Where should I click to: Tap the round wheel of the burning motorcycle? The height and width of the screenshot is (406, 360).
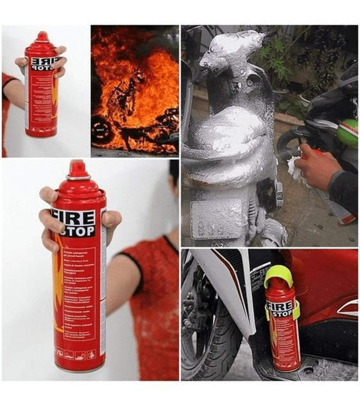click(102, 128)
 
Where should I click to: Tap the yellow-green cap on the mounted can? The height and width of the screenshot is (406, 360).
click(279, 275)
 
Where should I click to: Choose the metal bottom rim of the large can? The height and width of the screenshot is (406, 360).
click(79, 368)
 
